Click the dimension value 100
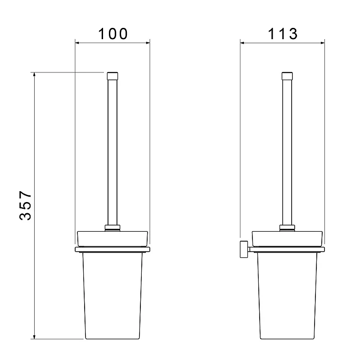[113, 34]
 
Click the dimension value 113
[283, 34]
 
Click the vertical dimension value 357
[25, 206]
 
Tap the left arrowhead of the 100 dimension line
[77, 43]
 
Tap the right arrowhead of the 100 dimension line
[148, 43]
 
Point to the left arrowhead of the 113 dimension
[242, 43]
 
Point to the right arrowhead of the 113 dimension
[323, 43]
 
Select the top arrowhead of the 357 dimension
[34, 74]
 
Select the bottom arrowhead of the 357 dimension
[34, 337]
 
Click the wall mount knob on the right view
[244, 249]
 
